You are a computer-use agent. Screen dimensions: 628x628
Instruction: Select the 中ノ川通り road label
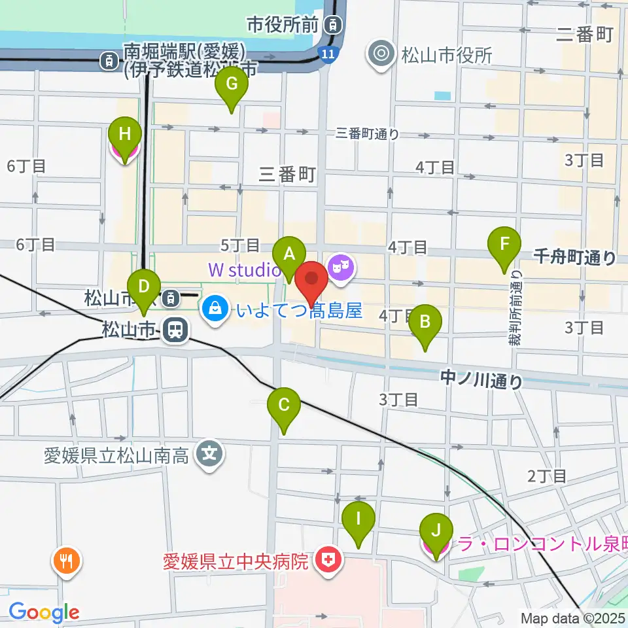tap(481, 379)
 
